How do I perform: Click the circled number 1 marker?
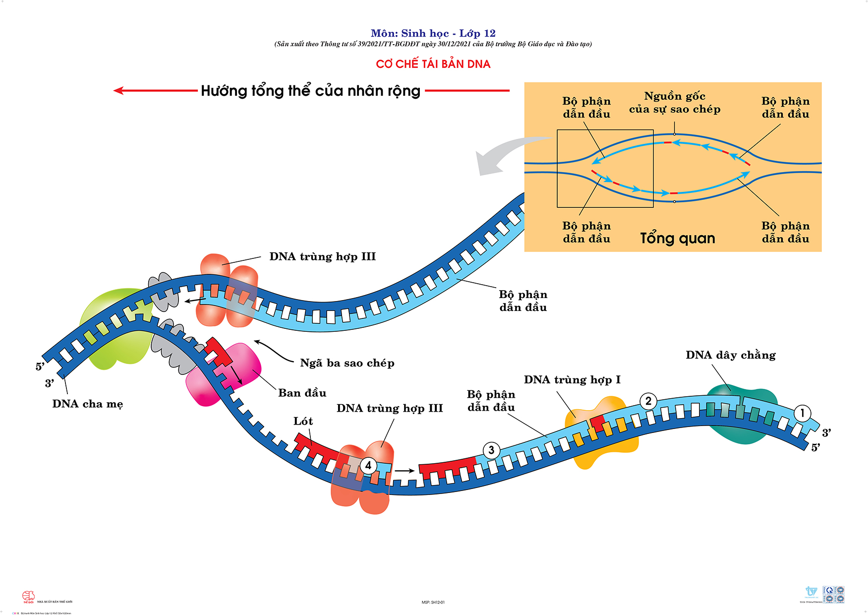pyautogui.click(x=802, y=413)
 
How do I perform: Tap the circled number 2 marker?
pyautogui.click(x=648, y=401)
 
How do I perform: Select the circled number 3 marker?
pyautogui.click(x=491, y=450)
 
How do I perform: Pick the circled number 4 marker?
pyautogui.click(x=368, y=465)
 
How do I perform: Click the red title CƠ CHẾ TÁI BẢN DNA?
pyautogui.click(x=433, y=64)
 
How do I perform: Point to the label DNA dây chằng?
pyautogui.click(x=730, y=355)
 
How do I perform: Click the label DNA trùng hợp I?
pyautogui.click(x=572, y=380)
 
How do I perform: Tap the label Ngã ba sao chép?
pyautogui.click(x=347, y=363)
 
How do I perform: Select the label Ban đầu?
pyautogui.click(x=302, y=393)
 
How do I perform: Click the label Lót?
pyautogui.click(x=303, y=421)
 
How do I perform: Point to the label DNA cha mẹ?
pyautogui.click(x=87, y=404)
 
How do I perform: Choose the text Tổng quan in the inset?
pyautogui.click(x=677, y=239)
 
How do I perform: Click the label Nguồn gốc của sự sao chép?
pyautogui.click(x=674, y=103)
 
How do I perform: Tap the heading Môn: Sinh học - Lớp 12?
pyautogui.click(x=433, y=33)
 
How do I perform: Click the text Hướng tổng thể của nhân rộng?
pyautogui.click(x=310, y=91)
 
